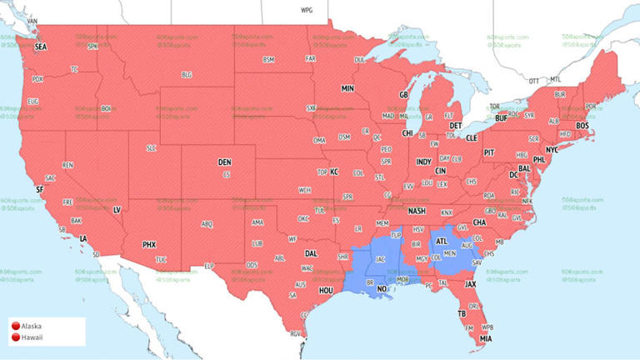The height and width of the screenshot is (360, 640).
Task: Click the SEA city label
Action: coord(41,47)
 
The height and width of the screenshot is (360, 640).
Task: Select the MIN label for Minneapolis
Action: coord(347,87)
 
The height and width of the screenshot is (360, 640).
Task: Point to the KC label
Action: coord(334,172)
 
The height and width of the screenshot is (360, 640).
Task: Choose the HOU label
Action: coord(326,290)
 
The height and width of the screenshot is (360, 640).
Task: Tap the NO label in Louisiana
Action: coord(382,289)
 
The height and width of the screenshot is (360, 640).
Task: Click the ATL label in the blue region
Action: coord(442,242)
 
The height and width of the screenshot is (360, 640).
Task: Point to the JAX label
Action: coord(471,284)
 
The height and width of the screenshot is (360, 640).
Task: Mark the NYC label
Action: coord(552,149)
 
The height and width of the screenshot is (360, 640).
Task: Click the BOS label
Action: coord(582,125)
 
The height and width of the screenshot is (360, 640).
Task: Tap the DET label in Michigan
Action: coord(456,126)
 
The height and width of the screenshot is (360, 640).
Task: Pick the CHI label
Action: coord(407,133)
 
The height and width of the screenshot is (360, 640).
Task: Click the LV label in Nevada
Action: coord(117,209)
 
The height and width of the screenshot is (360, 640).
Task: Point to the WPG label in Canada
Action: coord(307,9)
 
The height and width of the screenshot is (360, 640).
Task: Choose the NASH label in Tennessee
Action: coord(417,211)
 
